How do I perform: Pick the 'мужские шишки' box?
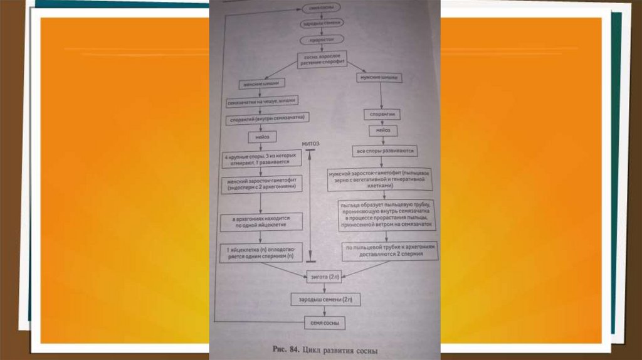coord(380,78)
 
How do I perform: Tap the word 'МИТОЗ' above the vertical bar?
coord(311,144)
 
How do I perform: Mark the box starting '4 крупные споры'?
coord(262,160)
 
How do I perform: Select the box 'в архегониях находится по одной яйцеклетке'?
coord(262,221)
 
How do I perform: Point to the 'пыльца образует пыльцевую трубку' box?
coord(386,217)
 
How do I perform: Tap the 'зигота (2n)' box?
coord(325,276)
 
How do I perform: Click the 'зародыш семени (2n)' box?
coord(325,300)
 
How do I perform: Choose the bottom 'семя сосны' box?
coord(325,323)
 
